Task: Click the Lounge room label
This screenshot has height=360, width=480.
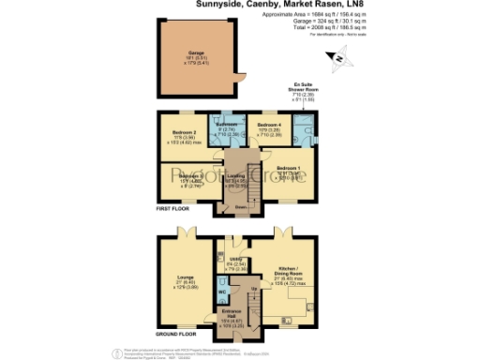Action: point(183,278)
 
